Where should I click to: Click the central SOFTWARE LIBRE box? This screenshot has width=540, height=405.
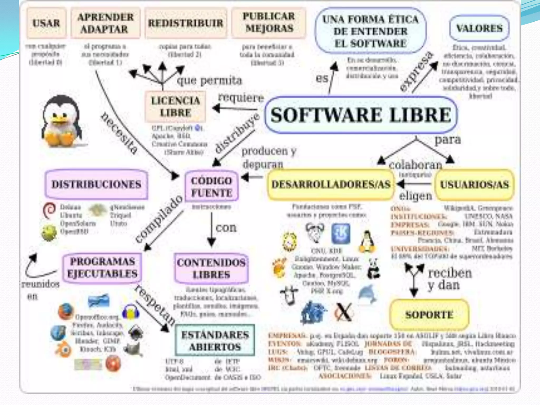361,115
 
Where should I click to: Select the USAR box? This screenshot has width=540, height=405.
46,23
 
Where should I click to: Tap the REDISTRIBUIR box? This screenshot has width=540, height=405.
186,23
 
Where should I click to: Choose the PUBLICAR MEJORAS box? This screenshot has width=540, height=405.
269,23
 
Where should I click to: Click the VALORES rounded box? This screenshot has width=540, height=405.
479,28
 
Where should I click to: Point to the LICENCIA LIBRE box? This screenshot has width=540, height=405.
175,107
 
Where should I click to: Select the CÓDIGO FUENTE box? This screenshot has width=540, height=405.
212,187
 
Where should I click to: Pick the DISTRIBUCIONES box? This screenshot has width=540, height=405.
97,184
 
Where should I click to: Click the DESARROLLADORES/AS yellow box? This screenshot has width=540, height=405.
331,184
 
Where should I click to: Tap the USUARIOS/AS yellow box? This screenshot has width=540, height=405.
474,185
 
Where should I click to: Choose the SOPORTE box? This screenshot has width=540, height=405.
429,315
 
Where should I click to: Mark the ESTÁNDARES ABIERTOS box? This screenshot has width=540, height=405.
215,341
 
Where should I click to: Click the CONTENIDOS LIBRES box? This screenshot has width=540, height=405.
211,268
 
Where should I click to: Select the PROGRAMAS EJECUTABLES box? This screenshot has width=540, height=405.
102,268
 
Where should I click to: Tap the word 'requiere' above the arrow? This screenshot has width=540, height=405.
241,98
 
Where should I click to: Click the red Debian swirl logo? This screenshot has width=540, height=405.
49,210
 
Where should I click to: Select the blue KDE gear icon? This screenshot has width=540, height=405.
341,233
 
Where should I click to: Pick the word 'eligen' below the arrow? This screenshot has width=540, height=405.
416,196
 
